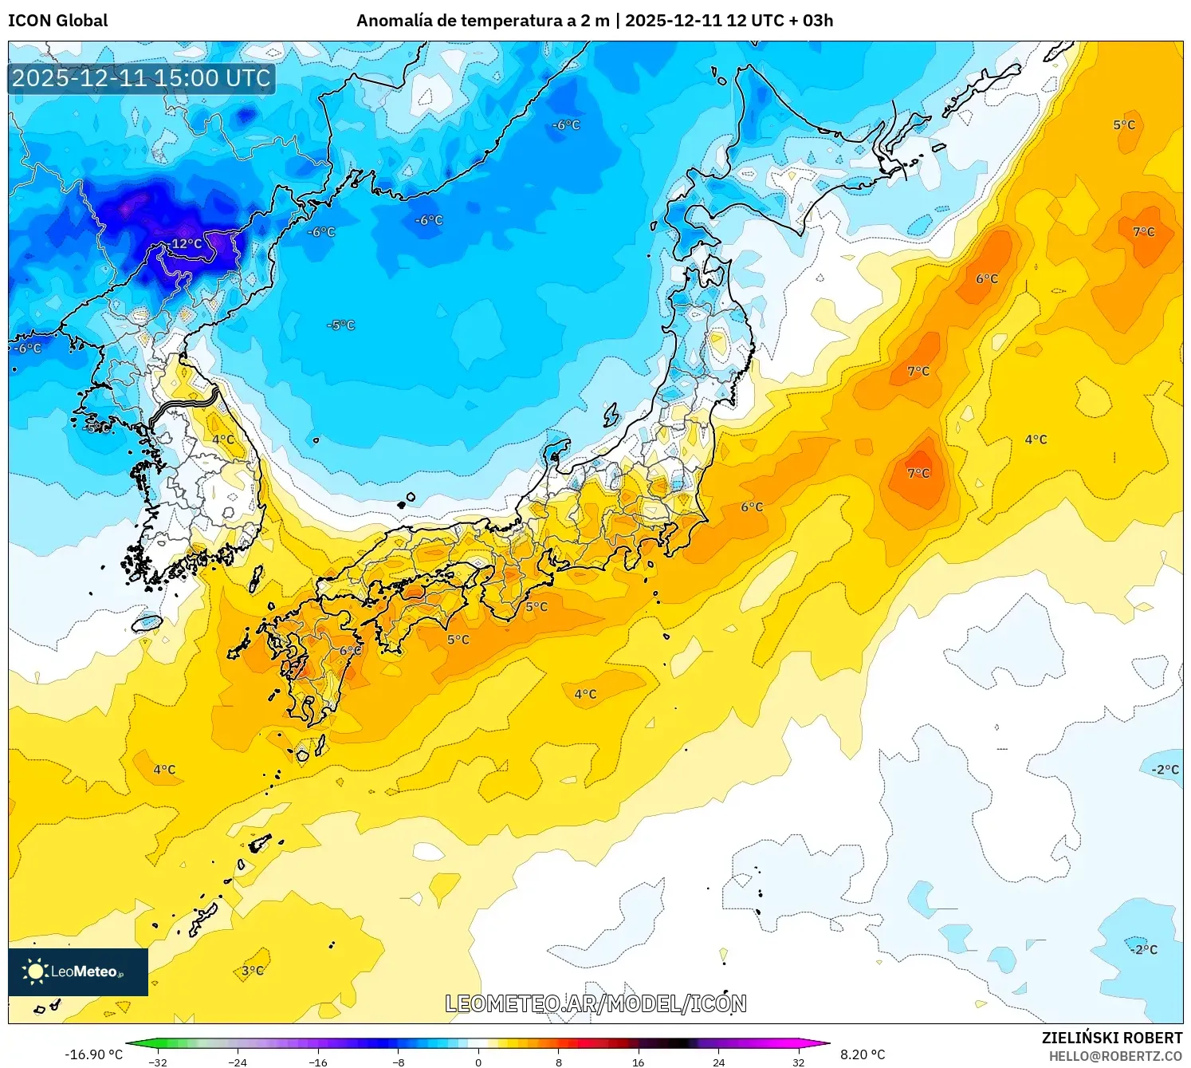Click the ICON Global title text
[x=57, y=21]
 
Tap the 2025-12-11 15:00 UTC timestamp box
[x=141, y=78]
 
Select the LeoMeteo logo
[x=77, y=971]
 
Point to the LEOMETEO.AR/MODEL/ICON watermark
[x=595, y=1003]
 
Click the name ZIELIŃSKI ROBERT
[x=1112, y=1038]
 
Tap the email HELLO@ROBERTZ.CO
[x=1115, y=1056]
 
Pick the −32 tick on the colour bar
[x=158, y=1062]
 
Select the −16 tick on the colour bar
[x=318, y=1062]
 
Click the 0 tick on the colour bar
[x=478, y=1062]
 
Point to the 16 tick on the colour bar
[x=639, y=1062]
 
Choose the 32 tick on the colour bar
[x=799, y=1062]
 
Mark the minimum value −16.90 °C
[x=93, y=1054]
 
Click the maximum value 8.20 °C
[x=863, y=1054]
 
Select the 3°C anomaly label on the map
[x=253, y=971]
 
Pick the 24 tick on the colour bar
[x=719, y=1062]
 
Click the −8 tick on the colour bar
[x=399, y=1062]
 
